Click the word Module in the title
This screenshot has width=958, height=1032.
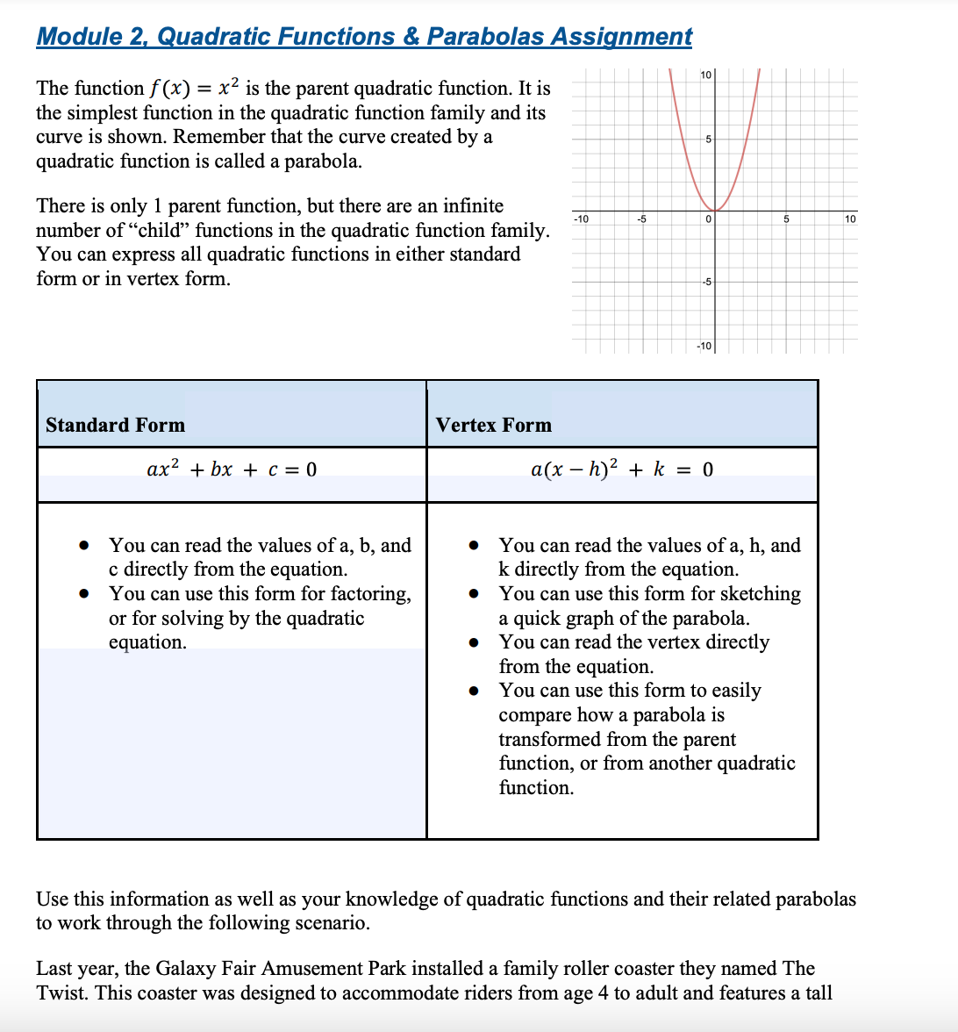(80, 36)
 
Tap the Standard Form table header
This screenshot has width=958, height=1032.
(115, 425)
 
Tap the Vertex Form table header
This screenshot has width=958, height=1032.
(493, 425)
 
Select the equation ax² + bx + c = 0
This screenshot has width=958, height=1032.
(232, 469)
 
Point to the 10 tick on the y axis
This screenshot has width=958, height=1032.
(706, 76)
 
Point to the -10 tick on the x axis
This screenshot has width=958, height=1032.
(581, 219)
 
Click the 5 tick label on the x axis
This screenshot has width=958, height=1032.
(786, 219)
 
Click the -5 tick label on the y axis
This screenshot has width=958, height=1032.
(706, 282)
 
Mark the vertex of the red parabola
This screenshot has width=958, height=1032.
(715, 211)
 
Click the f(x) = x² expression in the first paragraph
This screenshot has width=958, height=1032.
(193, 88)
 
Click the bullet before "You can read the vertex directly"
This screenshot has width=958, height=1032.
(474, 642)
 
